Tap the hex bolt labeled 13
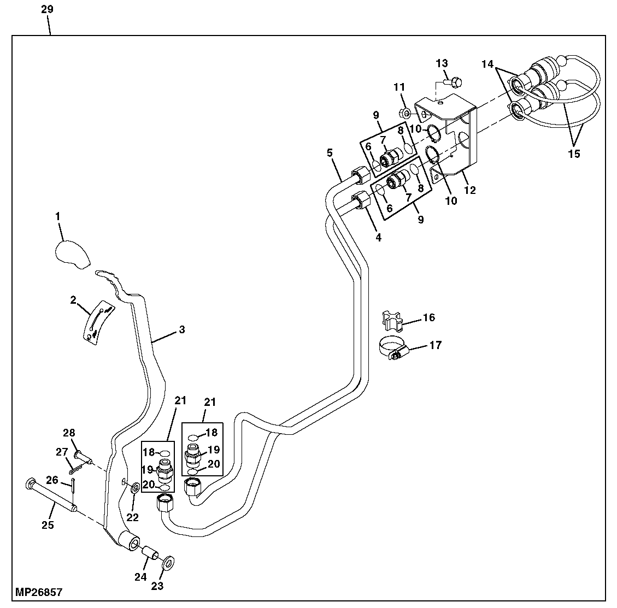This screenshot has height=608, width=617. (x=453, y=82)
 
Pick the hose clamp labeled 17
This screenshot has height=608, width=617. (x=392, y=349)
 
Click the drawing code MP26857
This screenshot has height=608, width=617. (x=39, y=592)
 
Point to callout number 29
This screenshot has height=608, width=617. (x=47, y=10)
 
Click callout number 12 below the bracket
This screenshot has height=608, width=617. (x=469, y=190)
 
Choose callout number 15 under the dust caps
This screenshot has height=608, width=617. (x=573, y=154)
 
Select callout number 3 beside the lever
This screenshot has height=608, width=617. (x=182, y=329)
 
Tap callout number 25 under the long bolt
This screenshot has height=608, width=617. (x=48, y=525)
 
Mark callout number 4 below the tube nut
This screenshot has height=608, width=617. (x=378, y=238)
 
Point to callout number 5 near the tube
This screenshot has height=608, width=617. (x=330, y=152)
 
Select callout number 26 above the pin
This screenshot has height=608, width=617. (x=52, y=480)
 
